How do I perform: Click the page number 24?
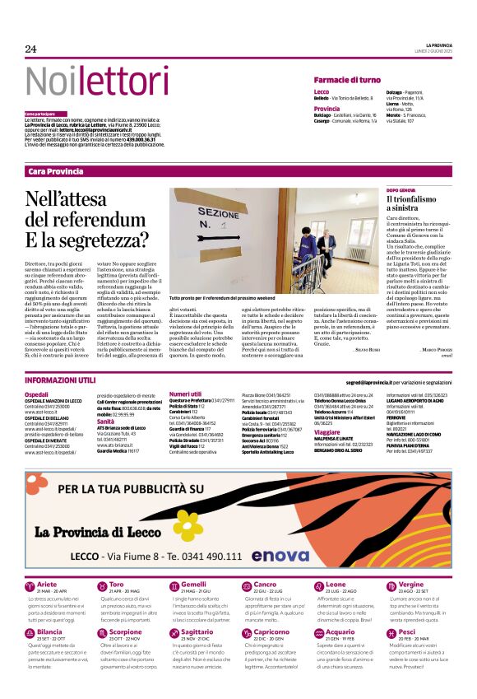tap(31, 49)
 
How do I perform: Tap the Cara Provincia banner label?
tap(55, 171)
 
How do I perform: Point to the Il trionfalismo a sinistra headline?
tap(398, 205)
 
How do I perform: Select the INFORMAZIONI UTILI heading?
tap(60, 380)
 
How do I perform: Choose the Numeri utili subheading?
tap(185, 394)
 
